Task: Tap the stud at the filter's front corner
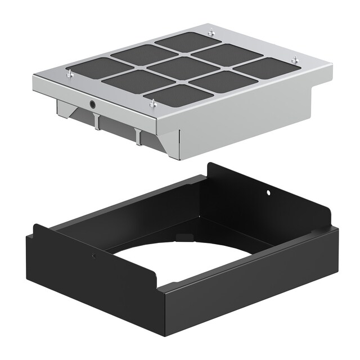[x=152, y=102]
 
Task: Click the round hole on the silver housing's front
[x=92, y=104]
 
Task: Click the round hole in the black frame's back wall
[x=268, y=192]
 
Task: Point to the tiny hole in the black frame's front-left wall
[x=93, y=255]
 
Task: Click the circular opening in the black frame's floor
[x=180, y=264]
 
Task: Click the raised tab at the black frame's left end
[x=38, y=231]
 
